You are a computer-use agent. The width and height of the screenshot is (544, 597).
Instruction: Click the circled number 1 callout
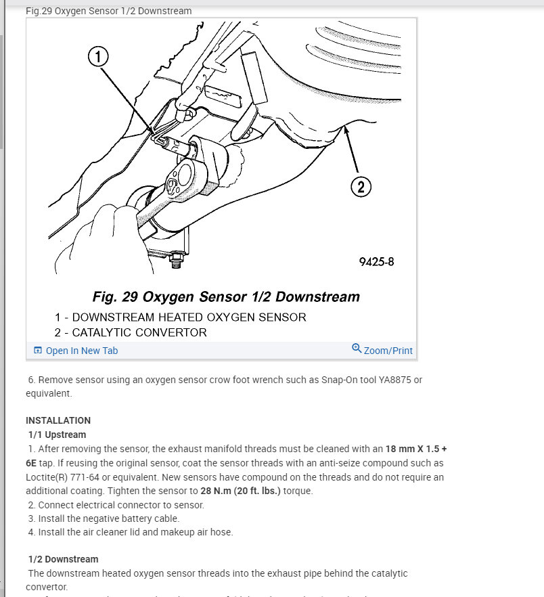[x=99, y=58]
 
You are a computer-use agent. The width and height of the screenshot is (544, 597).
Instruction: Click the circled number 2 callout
[x=361, y=187]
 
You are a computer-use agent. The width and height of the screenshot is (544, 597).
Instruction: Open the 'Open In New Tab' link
[x=81, y=351]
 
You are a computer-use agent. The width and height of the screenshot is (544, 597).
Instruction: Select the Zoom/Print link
[x=388, y=351]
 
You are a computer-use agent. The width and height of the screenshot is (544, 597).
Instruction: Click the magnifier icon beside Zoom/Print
[x=357, y=349]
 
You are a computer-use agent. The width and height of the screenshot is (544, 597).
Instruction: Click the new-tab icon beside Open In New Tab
[x=38, y=351]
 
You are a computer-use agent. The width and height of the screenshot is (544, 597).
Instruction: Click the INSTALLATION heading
[x=58, y=420]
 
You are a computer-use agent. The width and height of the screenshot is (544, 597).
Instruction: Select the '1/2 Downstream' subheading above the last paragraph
[x=63, y=559]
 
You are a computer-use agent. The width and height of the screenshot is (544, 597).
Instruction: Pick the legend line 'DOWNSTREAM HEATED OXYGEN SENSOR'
[x=189, y=317]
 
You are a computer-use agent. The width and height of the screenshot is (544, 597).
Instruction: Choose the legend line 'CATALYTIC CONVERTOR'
[x=139, y=332]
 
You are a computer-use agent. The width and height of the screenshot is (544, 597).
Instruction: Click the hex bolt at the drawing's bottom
[x=178, y=258]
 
